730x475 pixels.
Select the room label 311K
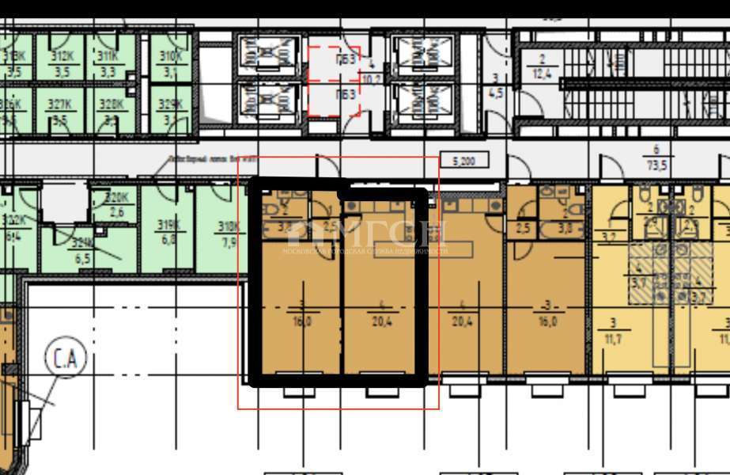(108, 55)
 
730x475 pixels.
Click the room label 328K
(110, 104)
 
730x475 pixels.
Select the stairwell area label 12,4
(543, 74)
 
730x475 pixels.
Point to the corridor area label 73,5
(656, 165)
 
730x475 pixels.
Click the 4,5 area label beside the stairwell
(496, 91)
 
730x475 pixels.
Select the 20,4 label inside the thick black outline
(382, 321)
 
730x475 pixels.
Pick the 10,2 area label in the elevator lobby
(371, 79)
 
